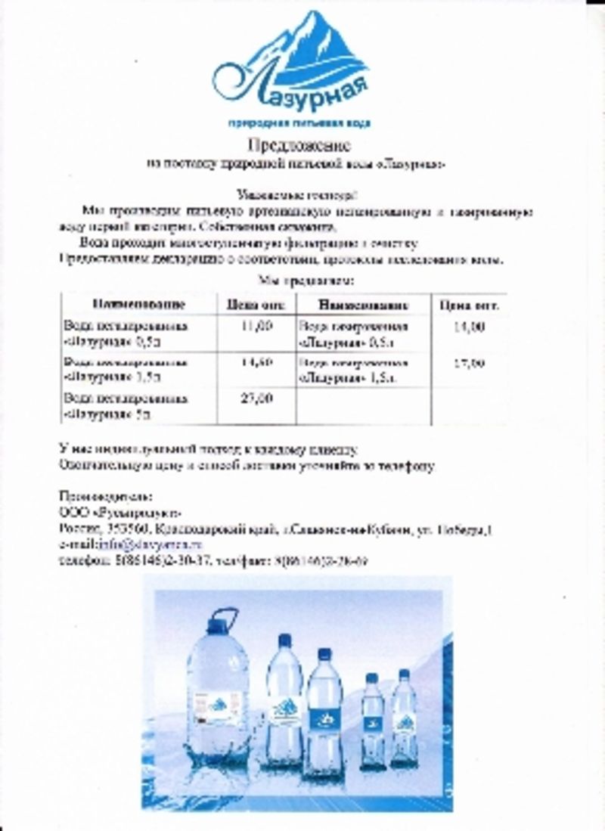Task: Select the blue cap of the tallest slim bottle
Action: [284, 641]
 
